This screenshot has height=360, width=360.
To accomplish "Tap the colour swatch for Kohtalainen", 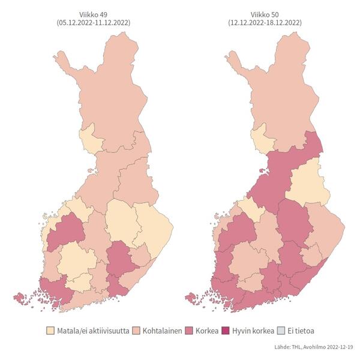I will (x=136, y=331).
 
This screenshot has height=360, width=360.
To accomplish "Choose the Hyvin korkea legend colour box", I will (x=227, y=331).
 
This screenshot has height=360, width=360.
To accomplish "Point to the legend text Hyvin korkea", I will (x=254, y=331).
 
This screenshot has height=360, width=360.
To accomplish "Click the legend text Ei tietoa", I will (x=303, y=331).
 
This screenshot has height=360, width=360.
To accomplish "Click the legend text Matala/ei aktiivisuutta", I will (x=92, y=331).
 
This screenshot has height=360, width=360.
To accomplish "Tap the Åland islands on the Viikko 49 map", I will (x=20, y=297).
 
